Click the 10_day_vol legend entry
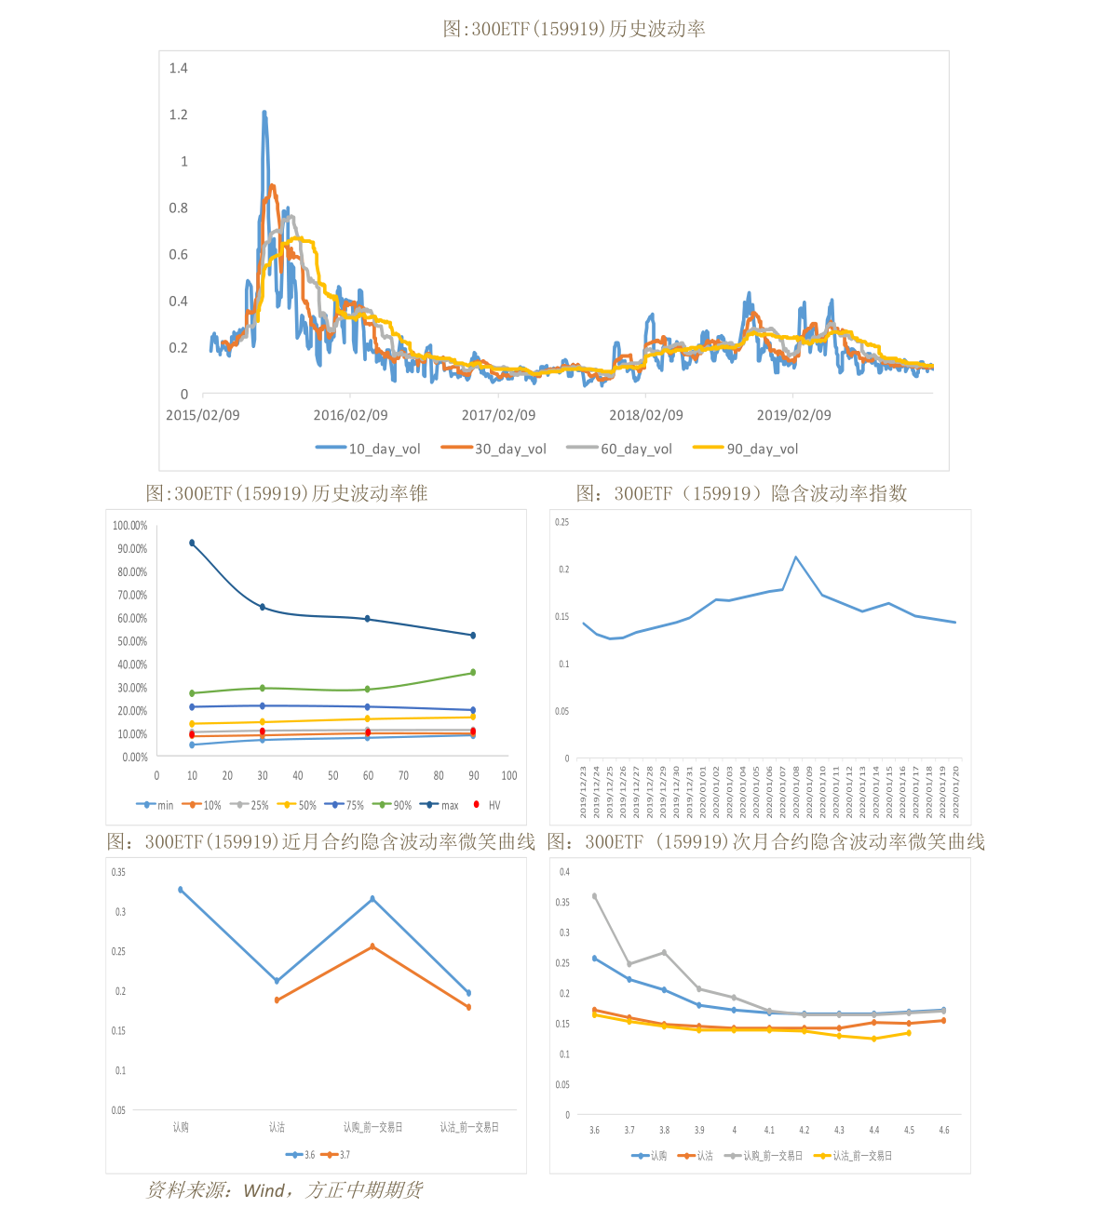pos(369,449)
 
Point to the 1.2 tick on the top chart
pos(178,114)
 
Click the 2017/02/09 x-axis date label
pos(498,415)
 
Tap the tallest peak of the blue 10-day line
pos(264,113)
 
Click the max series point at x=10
pos(192,543)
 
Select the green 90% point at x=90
pos(473,672)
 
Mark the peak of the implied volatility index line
pos(796,557)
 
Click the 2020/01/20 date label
pos(956,792)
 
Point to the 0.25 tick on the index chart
pos(561,523)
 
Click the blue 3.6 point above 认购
pos(181,890)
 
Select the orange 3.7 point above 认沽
pos(277,1000)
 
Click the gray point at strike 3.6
pos(595,896)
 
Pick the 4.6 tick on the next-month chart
pos(944,1130)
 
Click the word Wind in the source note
pos(264,1190)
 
